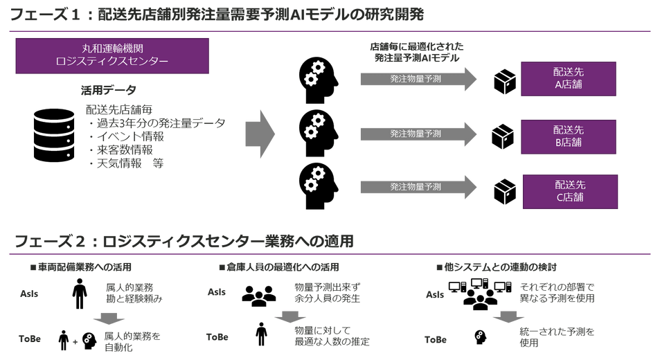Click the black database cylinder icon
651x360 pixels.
[54, 136]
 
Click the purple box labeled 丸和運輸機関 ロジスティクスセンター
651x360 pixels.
[112, 56]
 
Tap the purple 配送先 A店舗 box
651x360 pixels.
[569, 79]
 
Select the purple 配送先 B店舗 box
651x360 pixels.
[569, 137]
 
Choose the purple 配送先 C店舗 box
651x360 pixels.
[570, 191]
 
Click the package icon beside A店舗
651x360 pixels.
[505, 82]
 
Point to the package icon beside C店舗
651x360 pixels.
[505, 192]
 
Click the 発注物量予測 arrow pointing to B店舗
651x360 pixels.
[418, 134]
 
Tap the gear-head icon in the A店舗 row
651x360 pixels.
[319, 80]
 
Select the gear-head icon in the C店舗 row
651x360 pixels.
[319, 186]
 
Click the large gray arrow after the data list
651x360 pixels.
[260, 134]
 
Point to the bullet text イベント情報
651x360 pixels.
[130, 136]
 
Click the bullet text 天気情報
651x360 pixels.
[119, 163]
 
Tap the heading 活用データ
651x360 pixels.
[108, 90]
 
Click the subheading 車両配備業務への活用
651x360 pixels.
[84, 267]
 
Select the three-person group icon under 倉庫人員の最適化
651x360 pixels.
[259, 296]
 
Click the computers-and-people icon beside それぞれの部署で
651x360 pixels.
[480, 294]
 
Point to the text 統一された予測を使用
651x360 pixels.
[557, 336]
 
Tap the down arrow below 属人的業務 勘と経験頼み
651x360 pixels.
[109, 318]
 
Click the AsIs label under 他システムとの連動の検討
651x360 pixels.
[435, 294]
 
